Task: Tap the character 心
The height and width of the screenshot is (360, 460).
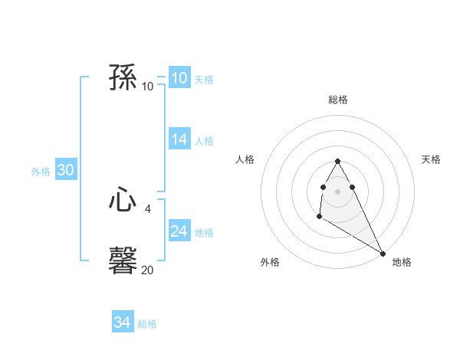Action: coord(123,201)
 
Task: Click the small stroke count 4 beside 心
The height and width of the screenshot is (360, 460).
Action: coord(148,208)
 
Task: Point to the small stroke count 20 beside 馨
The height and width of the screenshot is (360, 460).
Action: coord(148,270)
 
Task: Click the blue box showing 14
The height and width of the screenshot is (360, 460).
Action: coord(179,139)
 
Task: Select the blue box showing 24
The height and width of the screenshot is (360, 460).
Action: coord(179,231)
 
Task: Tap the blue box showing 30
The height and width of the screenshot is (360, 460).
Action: coord(66,171)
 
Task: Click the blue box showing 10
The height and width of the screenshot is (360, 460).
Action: coord(179,78)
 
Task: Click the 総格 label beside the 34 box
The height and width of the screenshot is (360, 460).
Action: coord(147,324)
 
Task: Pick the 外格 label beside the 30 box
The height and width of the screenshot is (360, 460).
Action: coord(41,172)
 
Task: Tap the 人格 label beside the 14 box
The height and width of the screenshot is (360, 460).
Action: coord(204,141)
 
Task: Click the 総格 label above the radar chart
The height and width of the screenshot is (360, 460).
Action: coord(338,100)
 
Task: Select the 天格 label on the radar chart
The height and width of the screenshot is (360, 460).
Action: coord(432,159)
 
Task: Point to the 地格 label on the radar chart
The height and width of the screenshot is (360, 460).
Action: coord(402,262)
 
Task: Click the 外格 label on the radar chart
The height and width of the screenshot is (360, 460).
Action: coord(270,262)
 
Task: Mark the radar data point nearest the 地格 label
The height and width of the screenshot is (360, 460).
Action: coord(383,254)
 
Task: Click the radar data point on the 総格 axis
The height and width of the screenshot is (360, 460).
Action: coord(337,161)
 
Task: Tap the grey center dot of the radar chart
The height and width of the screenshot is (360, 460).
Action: coord(337,191)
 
